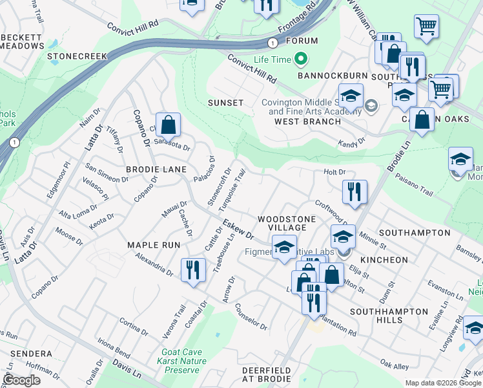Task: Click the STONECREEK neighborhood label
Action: coord(77,56)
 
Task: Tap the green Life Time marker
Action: coord(300,60)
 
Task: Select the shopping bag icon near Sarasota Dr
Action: coord(168,124)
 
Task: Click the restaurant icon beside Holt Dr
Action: coord(355,191)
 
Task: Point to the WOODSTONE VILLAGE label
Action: coord(287,224)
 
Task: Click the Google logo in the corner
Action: coord(21,381)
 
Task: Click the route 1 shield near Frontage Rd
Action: coord(274,42)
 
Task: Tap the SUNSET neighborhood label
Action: coord(225,103)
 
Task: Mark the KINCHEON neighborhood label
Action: coord(384,259)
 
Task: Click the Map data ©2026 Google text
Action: coord(444,383)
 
